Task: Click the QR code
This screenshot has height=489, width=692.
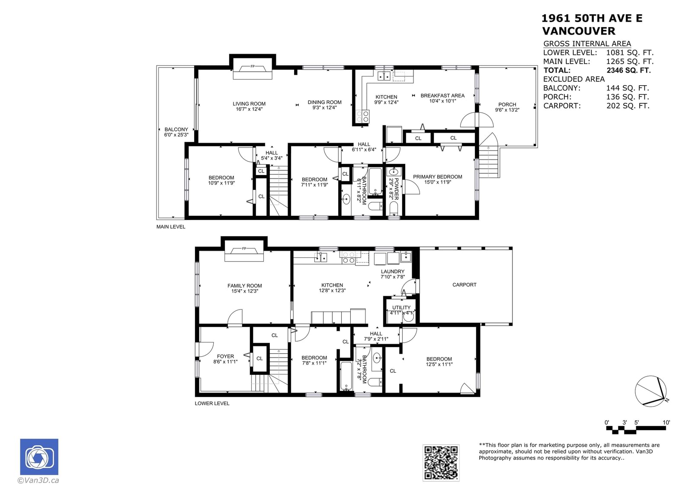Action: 441,463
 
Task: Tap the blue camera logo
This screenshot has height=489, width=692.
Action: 39,457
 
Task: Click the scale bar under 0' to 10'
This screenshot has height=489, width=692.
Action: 636,430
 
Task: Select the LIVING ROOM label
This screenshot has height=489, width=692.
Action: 249,104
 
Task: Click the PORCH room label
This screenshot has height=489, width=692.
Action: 507,104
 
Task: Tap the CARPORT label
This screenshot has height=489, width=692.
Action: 465,285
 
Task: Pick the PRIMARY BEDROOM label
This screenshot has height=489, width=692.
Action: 437,177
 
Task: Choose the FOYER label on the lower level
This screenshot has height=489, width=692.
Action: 225,356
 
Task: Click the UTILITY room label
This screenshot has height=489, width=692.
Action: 401,307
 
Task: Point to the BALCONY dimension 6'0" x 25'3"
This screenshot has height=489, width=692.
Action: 176,135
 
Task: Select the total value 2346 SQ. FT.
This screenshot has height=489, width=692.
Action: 629,70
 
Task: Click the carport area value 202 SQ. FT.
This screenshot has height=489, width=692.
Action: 628,105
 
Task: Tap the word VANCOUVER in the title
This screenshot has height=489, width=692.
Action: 579,31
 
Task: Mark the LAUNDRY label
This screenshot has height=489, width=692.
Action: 392,272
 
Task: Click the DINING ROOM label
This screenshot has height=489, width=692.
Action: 324,102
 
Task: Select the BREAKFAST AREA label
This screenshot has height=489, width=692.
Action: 442,96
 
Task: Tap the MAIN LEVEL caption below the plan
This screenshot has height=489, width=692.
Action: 171,227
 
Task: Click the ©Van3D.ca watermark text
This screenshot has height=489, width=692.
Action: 38,480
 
